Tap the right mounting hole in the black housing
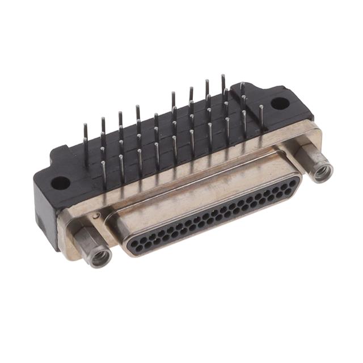pyautogui.click(x=278, y=103)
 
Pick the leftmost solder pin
pyautogui.click(x=85, y=136)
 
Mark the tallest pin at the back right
pyautogui.click(x=223, y=85)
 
